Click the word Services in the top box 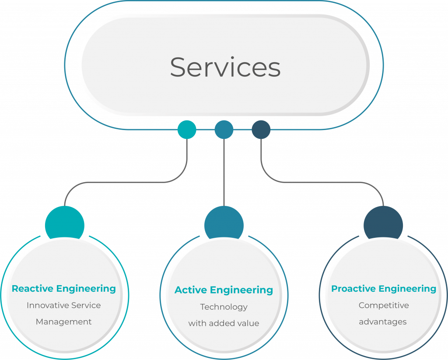[225, 67]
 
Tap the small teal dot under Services [187, 130]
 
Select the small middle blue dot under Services [224, 130]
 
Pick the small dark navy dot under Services [261, 130]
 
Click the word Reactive [33, 289]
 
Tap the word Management [64, 322]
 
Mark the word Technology [224, 307]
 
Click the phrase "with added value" [224, 324]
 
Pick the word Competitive [384, 305]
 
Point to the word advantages [383, 322]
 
